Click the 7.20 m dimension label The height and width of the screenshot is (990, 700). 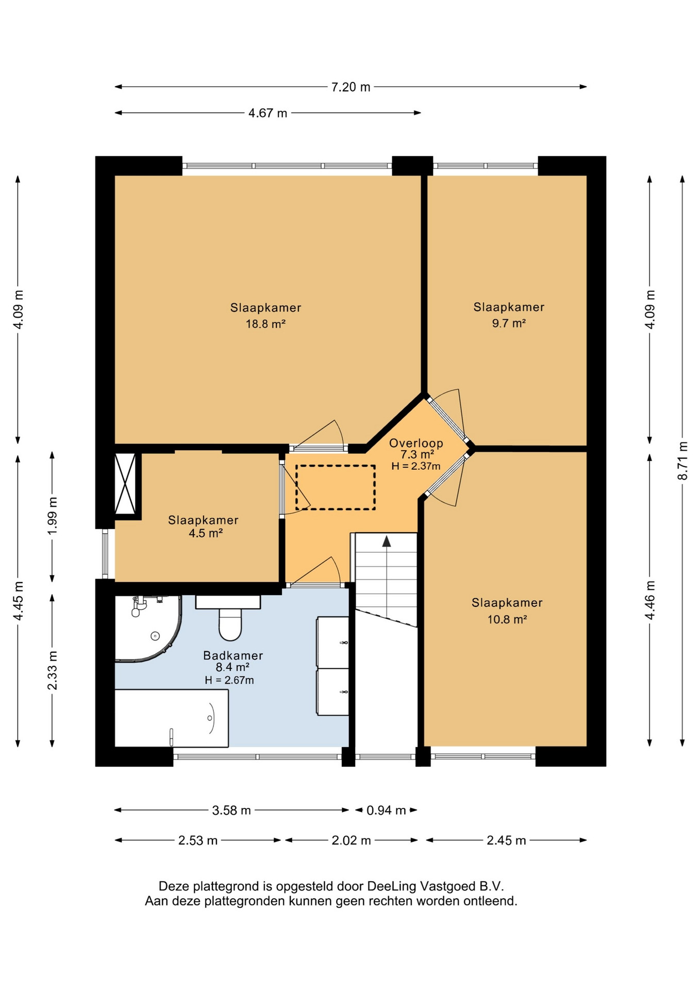pos(351,87)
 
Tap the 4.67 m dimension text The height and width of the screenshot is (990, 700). pos(268,113)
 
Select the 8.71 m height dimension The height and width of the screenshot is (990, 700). pos(682,460)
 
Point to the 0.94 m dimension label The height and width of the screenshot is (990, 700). pos(386,810)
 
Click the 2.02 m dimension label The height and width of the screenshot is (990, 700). pos(351,840)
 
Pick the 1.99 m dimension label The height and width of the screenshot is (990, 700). pos(53,516)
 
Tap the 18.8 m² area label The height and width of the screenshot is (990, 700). pos(265,324)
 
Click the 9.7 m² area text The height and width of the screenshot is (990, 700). pos(509,324)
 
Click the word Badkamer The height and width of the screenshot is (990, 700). pos(233,656)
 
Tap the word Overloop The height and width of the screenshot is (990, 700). pos(416,443)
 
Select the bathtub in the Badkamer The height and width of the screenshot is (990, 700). pos(171,718)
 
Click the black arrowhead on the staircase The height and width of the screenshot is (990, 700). pos(386,540)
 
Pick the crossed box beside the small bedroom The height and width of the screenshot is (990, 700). pos(125,484)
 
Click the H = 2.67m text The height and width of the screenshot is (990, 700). pos(229,680)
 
